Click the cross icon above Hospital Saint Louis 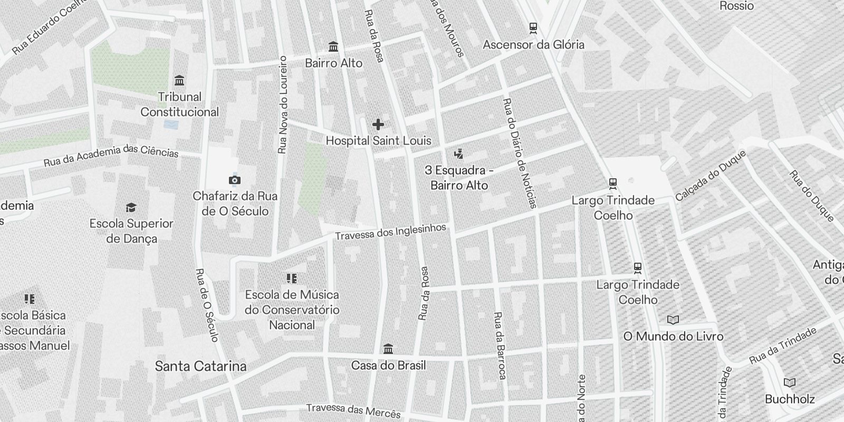[378, 124]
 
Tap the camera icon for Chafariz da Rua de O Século [235, 180]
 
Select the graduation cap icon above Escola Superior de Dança [131, 207]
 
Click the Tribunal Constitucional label [179, 104]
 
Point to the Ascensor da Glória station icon [533, 27]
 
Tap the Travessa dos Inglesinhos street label [390, 232]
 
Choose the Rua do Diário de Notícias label [520, 153]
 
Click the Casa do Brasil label [388, 366]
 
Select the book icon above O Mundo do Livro [673, 320]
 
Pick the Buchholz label [790, 399]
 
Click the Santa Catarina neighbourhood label [200, 366]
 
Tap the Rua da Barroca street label [499, 346]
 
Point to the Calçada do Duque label [711, 175]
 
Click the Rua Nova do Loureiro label [282, 105]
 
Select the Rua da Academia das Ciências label [111, 155]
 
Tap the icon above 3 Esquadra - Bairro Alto [458, 154]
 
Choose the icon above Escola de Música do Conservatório [292, 278]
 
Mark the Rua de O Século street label [206, 305]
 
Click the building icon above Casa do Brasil [388, 349]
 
